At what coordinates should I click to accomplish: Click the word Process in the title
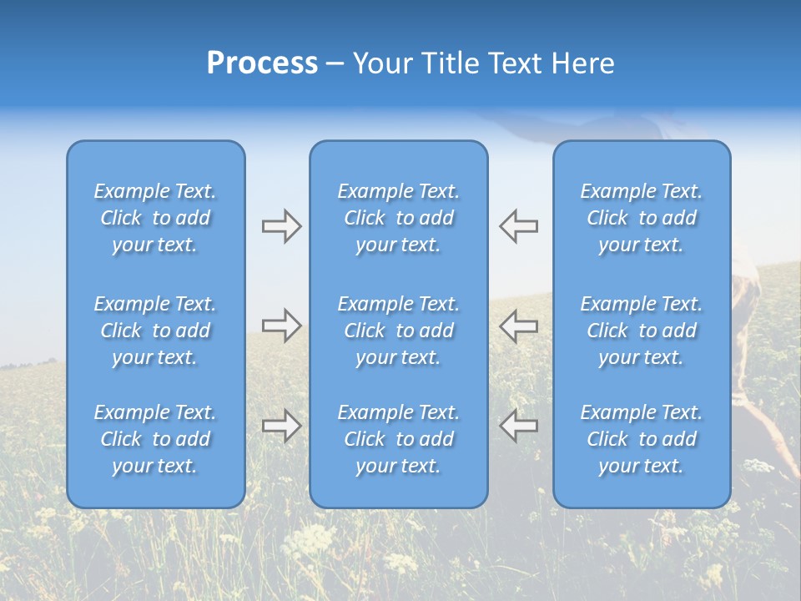tap(262, 63)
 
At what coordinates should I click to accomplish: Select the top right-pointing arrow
tap(281, 226)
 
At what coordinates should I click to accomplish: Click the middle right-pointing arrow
tap(281, 326)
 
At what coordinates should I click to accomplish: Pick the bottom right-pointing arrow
tap(281, 426)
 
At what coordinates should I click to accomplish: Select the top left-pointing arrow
tap(519, 226)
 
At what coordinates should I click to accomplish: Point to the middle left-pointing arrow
tap(519, 326)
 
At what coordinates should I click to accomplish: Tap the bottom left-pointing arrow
tap(519, 426)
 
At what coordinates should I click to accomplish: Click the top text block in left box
tap(155, 218)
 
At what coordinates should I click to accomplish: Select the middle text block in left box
tap(155, 331)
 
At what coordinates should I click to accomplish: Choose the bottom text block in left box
tap(155, 439)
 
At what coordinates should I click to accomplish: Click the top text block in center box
tap(398, 218)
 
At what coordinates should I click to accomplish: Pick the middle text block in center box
tap(398, 331)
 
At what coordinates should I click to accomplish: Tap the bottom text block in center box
tap(398, 439)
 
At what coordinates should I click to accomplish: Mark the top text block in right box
tap(641, 218)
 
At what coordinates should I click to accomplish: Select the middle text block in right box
tap(641, 331)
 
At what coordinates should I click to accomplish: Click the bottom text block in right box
tap(641, 439)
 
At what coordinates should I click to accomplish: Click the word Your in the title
tap(380, 63)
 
